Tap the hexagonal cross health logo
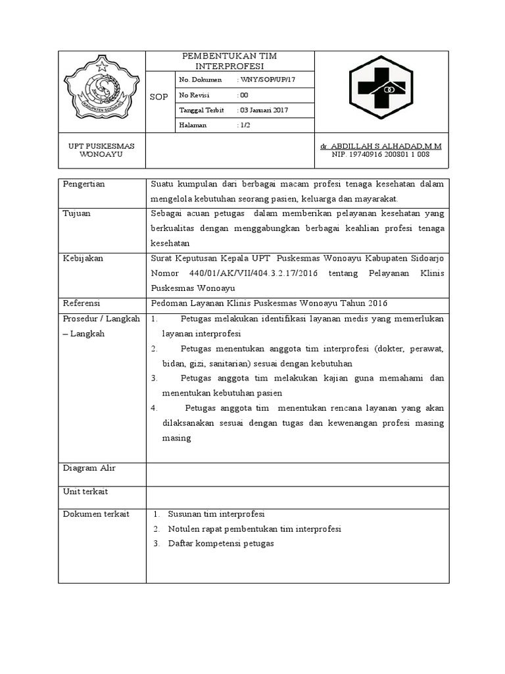point(381,91)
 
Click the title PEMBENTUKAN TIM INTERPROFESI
point(229,61)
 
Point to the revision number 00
point(243,95)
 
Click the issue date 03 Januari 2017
point(263,110)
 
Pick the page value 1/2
point(245,125)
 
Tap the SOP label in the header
point(159,97)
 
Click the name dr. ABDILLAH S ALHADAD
point(381,145)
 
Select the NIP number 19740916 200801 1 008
point(381,154)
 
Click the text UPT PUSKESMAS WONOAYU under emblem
point(101,150)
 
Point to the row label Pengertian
point(84,184)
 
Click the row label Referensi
point(82,303)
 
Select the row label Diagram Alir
point(89,468)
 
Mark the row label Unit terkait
point(85,492)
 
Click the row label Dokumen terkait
point(95,514)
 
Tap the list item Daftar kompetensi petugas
point(220,544)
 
